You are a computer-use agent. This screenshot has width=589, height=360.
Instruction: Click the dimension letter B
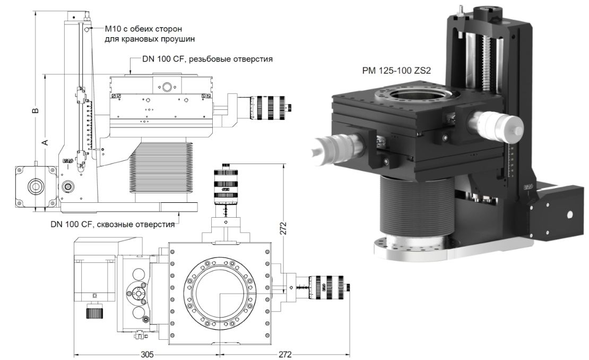pos(34,111)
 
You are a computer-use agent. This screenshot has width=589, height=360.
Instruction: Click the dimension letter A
pos(45,142)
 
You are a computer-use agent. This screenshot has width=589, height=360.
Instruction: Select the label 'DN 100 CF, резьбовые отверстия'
pos(207,59)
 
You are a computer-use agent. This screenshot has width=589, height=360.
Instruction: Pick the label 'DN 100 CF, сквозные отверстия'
pos(112,224)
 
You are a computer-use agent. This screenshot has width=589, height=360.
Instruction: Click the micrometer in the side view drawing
pos(268,104)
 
